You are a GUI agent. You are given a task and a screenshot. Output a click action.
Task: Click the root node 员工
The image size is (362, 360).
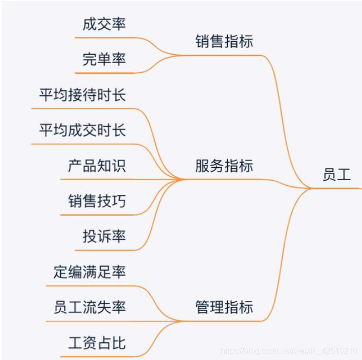[336, 175]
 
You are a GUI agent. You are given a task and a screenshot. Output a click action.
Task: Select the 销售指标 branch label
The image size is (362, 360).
[224, 41]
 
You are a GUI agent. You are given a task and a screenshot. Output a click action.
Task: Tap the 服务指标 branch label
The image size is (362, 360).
[224, 166]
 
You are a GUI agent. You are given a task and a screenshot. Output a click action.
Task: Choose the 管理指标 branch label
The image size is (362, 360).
[224, 307]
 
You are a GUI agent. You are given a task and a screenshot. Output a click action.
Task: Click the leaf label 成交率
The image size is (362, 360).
[104, 24]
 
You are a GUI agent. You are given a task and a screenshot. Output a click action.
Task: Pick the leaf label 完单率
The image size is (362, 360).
[104, 59]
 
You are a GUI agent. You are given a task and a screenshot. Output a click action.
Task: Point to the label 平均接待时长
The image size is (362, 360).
[82, 95]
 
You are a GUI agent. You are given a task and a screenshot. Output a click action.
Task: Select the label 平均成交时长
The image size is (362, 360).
[82, 131]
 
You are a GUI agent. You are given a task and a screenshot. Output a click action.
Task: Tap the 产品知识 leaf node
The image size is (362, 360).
[97, 166]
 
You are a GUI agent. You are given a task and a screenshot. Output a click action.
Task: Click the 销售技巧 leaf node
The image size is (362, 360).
[97, 201]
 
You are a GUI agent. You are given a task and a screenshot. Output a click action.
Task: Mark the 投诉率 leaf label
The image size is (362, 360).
[104, 236]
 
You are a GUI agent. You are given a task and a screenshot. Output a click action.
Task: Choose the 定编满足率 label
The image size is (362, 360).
[89, 272]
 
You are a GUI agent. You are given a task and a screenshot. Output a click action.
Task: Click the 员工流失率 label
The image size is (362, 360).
[89, 307]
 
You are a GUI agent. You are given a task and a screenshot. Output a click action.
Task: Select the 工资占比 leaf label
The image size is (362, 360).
[97, 343]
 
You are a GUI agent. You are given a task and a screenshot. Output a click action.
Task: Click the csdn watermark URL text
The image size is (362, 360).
[289, 350]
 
